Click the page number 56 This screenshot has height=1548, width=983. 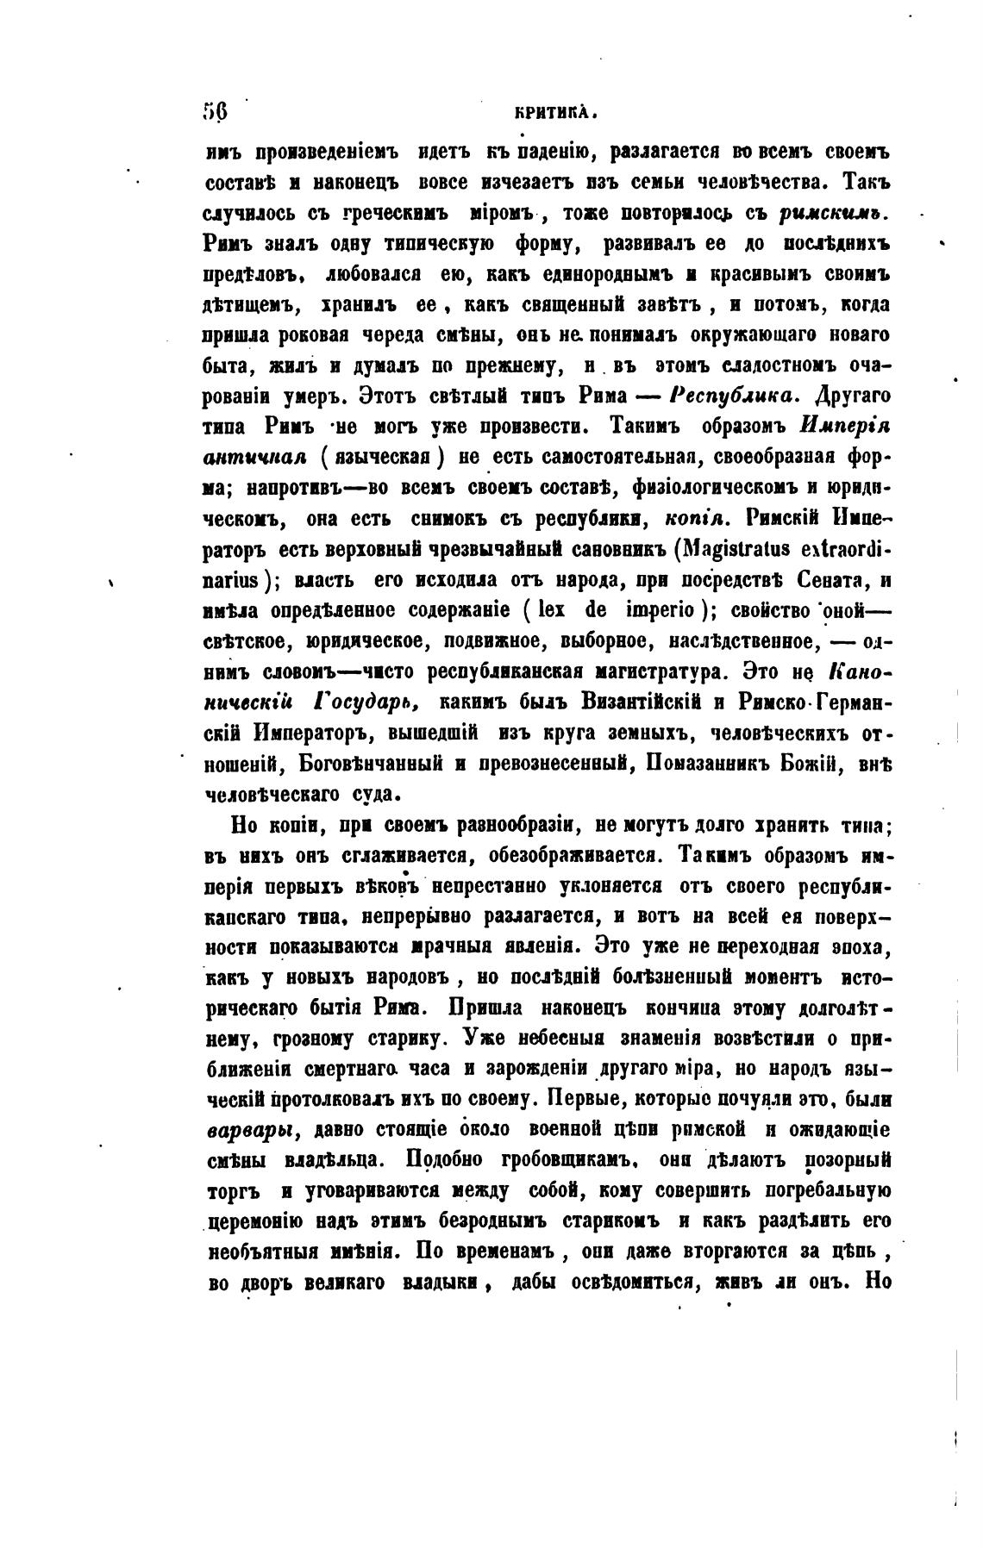point(214,111)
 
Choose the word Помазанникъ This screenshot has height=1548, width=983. point(723,762)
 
